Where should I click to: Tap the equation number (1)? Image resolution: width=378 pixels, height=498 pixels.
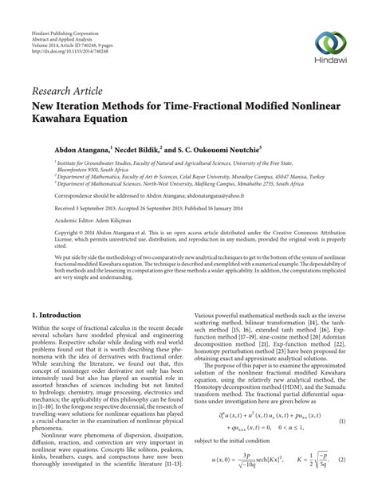click(343, 442)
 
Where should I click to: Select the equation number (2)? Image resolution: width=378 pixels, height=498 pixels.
click(343, 482)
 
